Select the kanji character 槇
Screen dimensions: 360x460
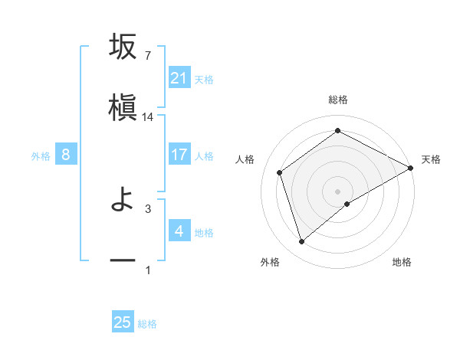123,108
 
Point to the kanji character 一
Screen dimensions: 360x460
123,260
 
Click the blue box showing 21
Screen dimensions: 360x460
179,77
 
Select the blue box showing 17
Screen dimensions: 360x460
179,155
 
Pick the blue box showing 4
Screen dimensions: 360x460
179,231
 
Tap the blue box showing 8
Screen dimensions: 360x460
66,155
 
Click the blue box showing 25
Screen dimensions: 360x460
123,322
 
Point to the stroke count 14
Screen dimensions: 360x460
148,117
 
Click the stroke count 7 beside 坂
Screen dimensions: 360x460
147,55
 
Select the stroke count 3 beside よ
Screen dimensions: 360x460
147,208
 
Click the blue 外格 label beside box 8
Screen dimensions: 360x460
41,155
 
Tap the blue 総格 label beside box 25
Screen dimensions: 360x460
147,323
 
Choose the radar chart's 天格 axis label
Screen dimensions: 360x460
431,159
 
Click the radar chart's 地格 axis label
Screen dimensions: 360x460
402,262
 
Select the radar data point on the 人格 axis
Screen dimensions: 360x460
280,172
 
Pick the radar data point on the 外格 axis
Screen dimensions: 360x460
301,242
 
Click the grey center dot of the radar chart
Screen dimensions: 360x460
337,191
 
